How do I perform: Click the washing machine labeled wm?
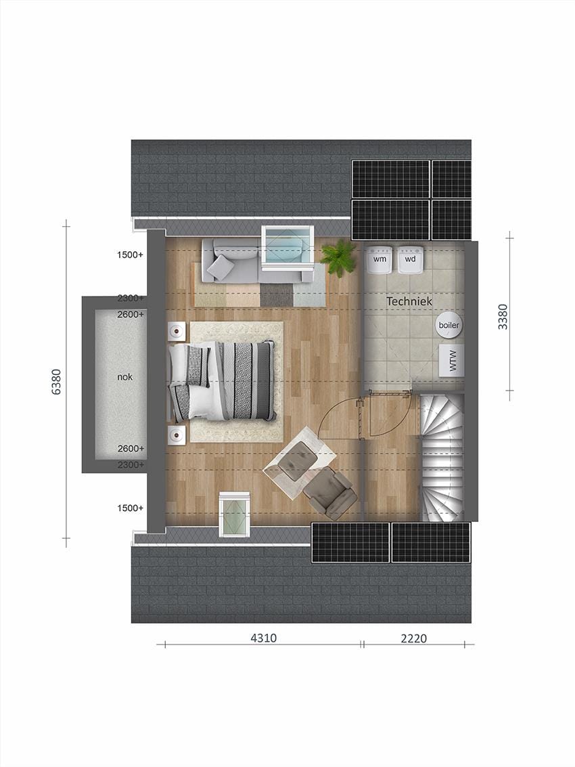pyautogui.click(x=379, y=259)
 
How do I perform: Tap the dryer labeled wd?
pyautogui.click(x=411, y=259)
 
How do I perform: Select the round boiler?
pyautogui.click(x=449, y=326)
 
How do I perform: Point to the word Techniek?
pyautogui.click(x=409, y=301)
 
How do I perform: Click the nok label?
pyautogui.click(x=124, y=376)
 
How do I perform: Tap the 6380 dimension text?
pyautogui.click(x=56, y=381)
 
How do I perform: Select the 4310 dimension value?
pyautogui.click(x=264, y=638)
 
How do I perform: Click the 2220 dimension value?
pyautogui.click(x=413, y=638)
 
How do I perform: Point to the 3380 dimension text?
pyautogui.click(x=502, y=316)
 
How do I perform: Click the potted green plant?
pyautogui.click(x=338, y=257)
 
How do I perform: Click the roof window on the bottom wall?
pyautogui.click(x=235, y=514)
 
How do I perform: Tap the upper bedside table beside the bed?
pyautogui.click(x=177, y=331)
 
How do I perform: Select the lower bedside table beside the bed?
pyautogui.click(x=177, y=435)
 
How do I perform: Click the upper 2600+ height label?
pyautogui.click(x=131, y=315)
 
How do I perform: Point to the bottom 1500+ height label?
pyautogui.click(x=131, y=508)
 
